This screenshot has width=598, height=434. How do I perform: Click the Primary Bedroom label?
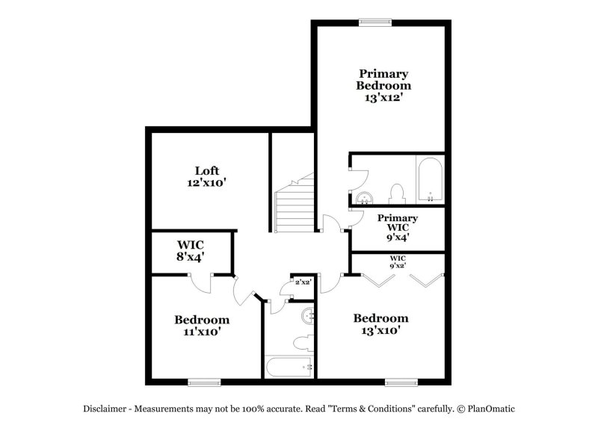click(x=383, y=79)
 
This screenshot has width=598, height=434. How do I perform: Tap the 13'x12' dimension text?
click(x=383, y=98)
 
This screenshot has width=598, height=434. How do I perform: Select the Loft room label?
click(x=207, y=170)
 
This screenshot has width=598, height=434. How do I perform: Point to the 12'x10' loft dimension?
click(x=207, y=183)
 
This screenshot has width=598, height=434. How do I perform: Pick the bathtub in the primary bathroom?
click(x=431, y=179)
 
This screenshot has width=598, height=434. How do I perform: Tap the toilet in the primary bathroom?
click(x=397, y=194)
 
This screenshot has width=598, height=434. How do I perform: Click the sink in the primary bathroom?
click(x=365, y=198)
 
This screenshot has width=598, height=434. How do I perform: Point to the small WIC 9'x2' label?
click(x=398, y=262)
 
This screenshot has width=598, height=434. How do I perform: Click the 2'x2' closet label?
click(x=304, y=282)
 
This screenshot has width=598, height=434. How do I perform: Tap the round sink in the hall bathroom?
click(x=308, y=316)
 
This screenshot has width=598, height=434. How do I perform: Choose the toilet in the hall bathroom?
click(x=303, y=344)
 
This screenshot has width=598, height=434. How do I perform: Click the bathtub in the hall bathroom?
click(x=289, y=367)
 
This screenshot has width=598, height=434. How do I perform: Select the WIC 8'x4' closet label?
click(x=191, y=250)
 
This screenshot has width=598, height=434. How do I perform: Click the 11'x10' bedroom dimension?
click(x=202, y=332)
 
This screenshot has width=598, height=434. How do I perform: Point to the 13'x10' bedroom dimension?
click(x=380, y=330)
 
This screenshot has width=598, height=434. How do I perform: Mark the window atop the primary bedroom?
click(x=375, y=22)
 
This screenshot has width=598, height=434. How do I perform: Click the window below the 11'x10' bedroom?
click(x=204, y=382)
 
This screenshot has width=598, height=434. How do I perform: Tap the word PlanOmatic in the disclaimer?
click(x=491, y=409)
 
